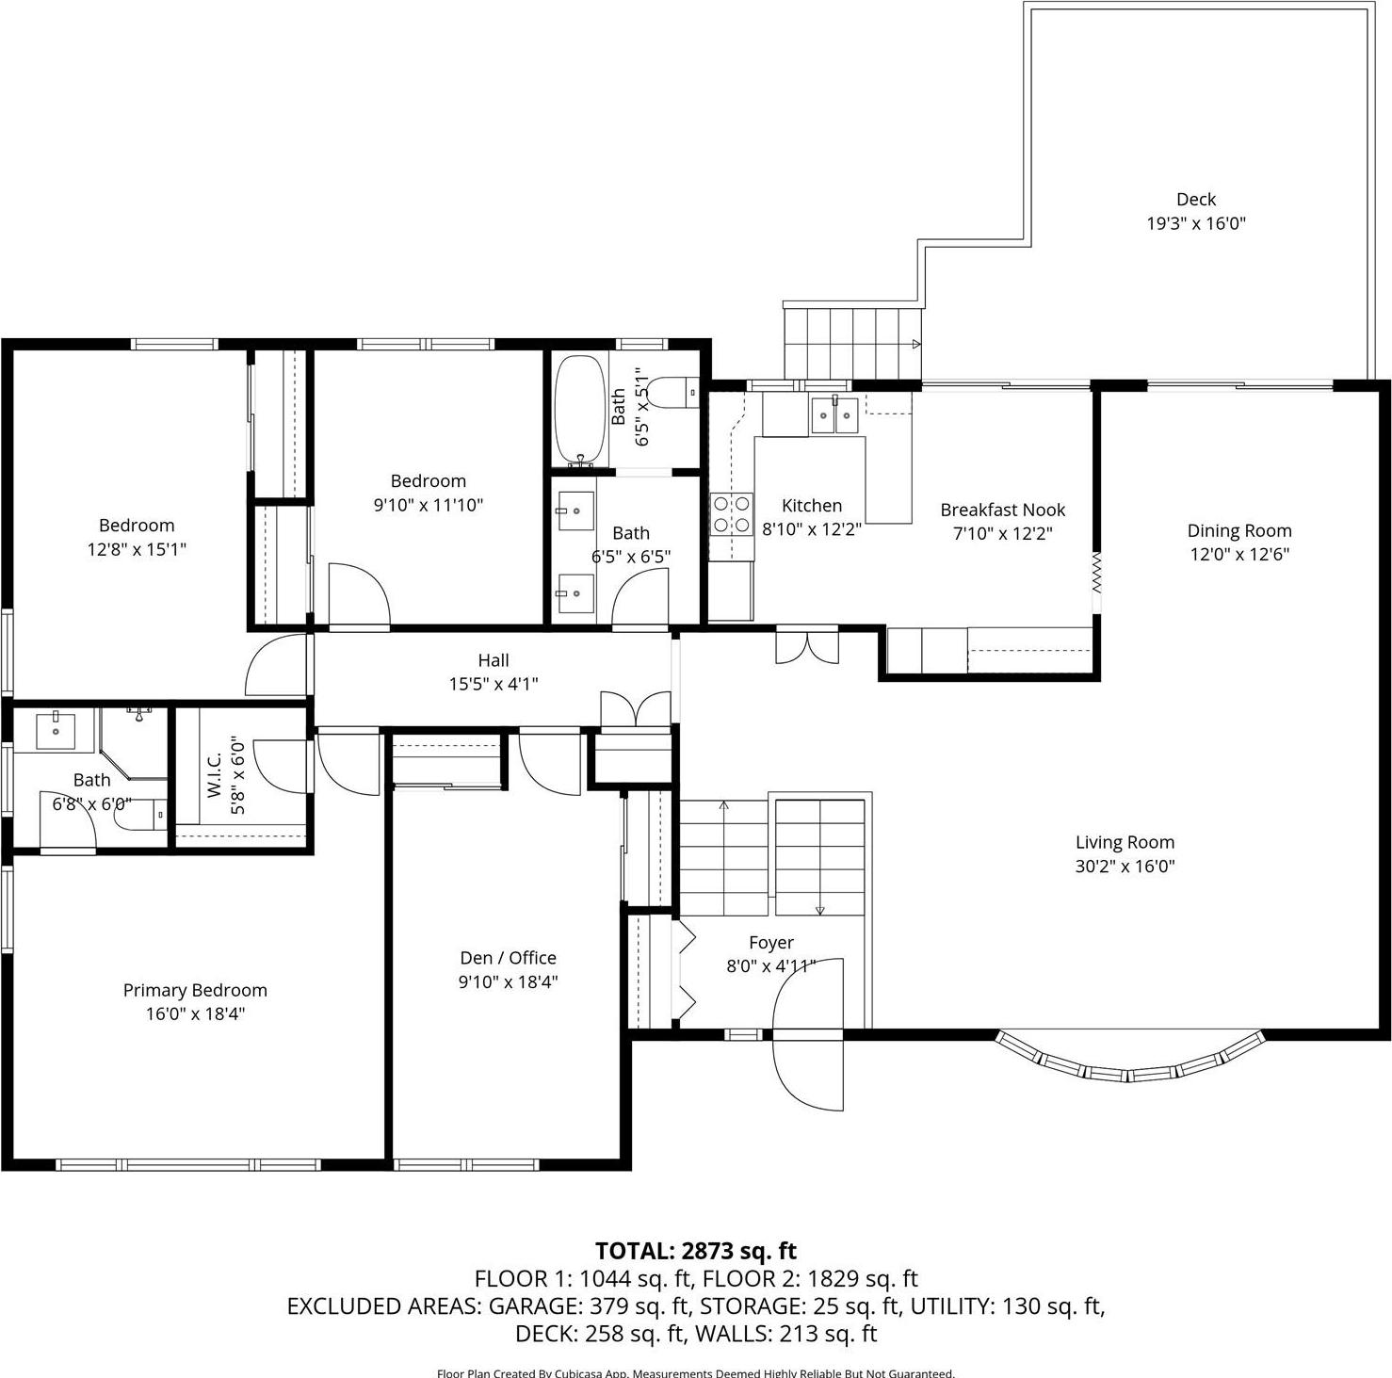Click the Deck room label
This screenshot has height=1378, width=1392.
coord(1195,200)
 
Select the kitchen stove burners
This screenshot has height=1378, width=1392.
coord(731,514)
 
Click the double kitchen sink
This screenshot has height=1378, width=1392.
coord(834,414)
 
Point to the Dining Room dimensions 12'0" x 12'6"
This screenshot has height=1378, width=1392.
coord(1238,555)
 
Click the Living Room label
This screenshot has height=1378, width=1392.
coord(1125,843)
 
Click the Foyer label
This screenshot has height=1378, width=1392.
coord(770,943)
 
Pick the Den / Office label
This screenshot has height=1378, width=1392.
coord(508,958)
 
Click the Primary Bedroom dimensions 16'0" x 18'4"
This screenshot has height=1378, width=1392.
coord(195,1014)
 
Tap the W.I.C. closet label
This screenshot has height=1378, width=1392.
coord(215,774)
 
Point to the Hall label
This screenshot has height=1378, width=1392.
coord(493,661)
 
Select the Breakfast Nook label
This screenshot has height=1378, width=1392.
coord(1002,511)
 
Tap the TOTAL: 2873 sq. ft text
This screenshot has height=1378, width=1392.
coord(695,1251)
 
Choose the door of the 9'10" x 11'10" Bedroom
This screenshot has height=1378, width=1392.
coord(358,595)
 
